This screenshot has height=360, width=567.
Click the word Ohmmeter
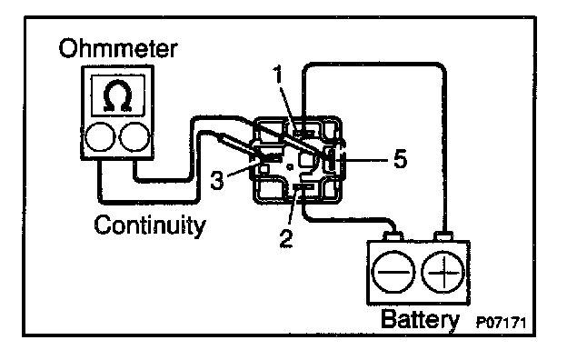(x=118, y=48)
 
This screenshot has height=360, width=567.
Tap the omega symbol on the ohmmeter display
(x=117, y=95)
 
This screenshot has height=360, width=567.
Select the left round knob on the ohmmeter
(x=100, y=136)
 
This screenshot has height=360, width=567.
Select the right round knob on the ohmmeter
(x=134, y=136)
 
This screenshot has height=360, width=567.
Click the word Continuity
(x=150, y=225)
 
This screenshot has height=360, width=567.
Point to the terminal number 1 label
(x=278, y=75)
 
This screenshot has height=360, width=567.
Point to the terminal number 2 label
(x=286, y=238)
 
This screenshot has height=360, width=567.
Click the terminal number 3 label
(x=217, y=180)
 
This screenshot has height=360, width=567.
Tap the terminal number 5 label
(x=400, y=159)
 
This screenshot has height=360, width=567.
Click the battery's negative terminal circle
(x=393, y=272)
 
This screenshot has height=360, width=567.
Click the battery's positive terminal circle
(x=443, y=272)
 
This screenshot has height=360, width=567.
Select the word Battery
(x=420, y=320)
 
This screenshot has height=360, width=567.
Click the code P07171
(x=502, y=323)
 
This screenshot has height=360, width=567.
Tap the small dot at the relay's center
(x=289, y=166)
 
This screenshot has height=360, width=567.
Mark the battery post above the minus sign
(x=393, y=236)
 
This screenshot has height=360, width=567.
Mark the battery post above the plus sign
(x=443, y=236)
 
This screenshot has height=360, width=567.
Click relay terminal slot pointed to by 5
(x=331, y=159)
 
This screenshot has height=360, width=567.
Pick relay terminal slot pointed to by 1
(x=303, y=133)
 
